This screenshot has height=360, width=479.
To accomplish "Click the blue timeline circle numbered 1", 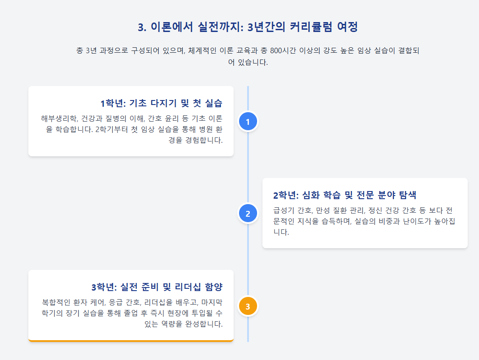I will [248, 121].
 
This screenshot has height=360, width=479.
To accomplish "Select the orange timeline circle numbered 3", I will [248, 306].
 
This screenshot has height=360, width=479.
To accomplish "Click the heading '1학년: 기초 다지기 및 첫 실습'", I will [161, 103].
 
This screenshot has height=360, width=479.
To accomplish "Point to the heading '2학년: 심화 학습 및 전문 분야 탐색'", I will [344, 195].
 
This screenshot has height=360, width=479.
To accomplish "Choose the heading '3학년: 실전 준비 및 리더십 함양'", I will [157, 287].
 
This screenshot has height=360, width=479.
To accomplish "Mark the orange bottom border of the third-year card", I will [131, 341].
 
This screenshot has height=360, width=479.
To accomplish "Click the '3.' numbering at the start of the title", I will [142, 27].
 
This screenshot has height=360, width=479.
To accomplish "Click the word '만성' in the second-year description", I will [324, 211].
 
